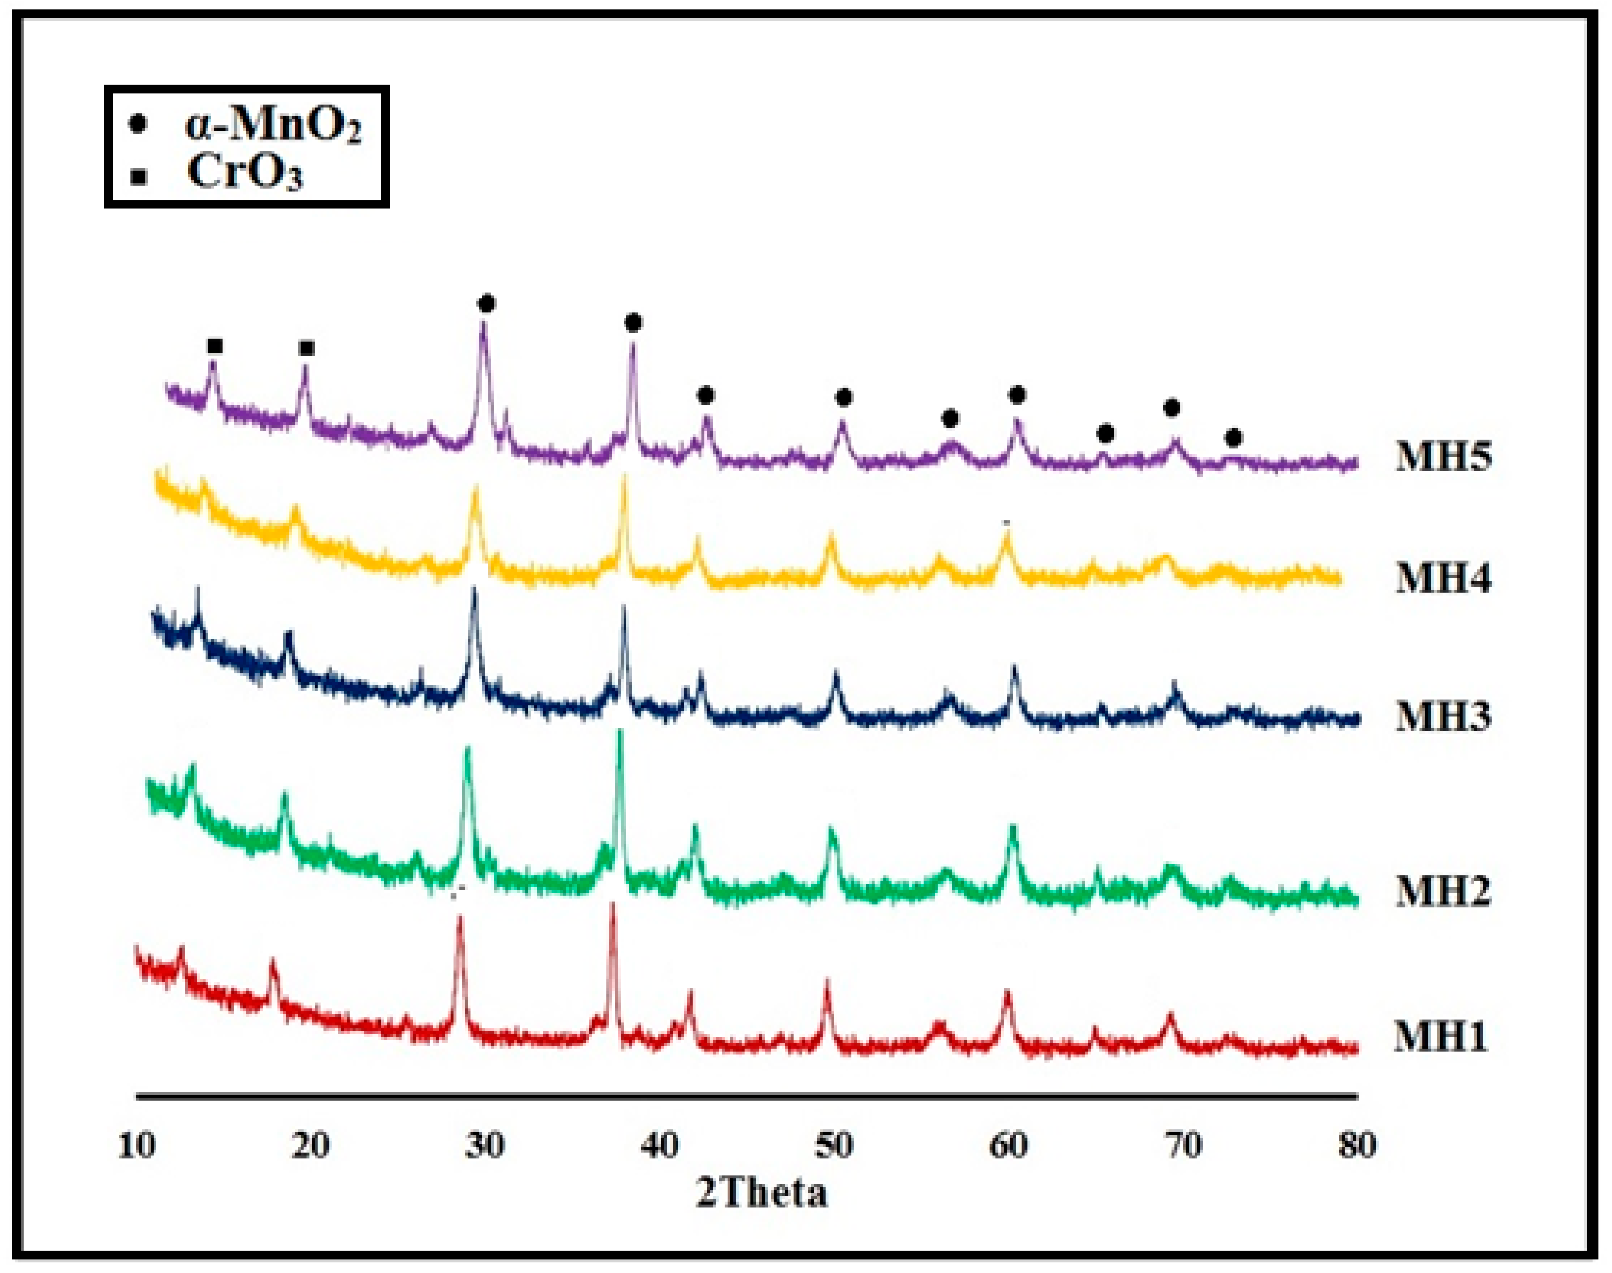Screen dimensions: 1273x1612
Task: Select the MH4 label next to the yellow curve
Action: click(1443, 578)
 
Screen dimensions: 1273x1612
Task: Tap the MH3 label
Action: click(1443, 717)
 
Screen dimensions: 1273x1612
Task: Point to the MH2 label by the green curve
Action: click(1443, 892)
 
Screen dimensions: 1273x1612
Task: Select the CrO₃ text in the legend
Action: click(245, 173)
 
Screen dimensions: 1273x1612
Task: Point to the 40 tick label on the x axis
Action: click(660, 1146)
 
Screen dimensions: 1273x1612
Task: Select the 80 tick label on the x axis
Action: click(1356, 1146)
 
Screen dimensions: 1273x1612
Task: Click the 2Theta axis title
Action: click(762, 1193)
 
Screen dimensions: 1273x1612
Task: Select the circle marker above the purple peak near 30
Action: click(487, 304)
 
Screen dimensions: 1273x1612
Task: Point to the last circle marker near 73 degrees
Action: click(1234, 438)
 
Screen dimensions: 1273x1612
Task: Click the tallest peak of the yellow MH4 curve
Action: click(624, 477)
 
